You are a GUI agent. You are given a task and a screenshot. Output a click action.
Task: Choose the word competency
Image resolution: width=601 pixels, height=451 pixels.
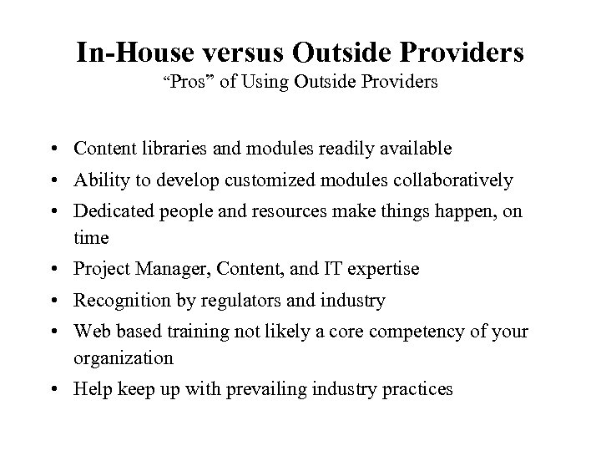coord(403,332)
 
